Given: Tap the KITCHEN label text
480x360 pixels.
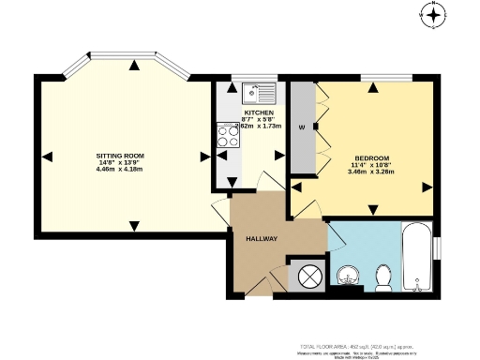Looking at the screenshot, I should tap(259, 112).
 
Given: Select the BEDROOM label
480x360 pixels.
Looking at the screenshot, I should tap(371, 157).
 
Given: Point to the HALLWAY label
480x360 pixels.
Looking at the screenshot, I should tap(262, 239).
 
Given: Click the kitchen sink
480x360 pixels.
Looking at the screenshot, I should tap(256, 94).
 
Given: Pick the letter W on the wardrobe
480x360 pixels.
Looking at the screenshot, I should tap(302, 127).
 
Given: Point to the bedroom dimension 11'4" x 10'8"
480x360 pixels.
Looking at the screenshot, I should tap(371, 165).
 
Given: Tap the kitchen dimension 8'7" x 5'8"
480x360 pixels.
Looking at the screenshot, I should tap(259, 120).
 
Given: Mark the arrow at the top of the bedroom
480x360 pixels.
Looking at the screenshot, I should tap(372, 88).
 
